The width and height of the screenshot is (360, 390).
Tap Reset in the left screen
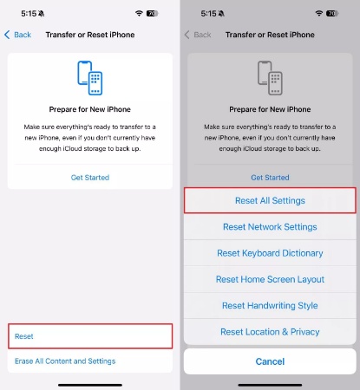click(x=24, y=335)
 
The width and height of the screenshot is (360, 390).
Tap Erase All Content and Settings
click(x=65, y=361)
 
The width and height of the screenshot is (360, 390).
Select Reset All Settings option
click(x=270, y=200)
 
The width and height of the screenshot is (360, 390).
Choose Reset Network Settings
click(x=270, y=227)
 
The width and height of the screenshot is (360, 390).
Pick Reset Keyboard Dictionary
click(x=270, y=253)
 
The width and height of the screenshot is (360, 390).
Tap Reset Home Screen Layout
click(x=270, y=279)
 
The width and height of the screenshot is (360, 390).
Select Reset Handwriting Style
click(x=270, y=306)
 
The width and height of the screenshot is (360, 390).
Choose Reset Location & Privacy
click(x=270, y=332)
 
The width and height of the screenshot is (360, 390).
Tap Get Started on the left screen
click(x=90, y=178)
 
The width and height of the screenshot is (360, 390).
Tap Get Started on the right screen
click(x=270, y=178)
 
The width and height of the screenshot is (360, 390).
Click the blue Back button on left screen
click(x=18, y=35)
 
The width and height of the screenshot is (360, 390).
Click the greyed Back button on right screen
click(x=198, y=35)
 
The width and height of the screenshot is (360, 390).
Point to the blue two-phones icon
click(x=90, y=77)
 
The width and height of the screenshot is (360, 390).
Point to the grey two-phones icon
click(x=270, y=77)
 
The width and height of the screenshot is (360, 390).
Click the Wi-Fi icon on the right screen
click(x=320, y=15)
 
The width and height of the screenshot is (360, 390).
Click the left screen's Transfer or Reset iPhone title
click(x=89, y=35)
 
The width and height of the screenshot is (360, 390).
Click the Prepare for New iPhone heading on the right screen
click(x=270, y=110)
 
